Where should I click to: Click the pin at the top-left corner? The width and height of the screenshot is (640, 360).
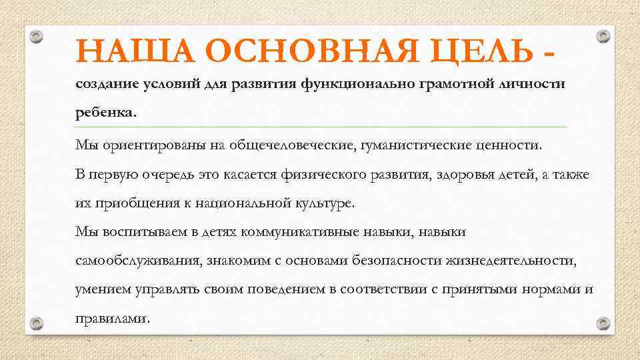tap(39, 38)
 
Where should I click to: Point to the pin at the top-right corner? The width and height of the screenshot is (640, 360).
tap(602, 37)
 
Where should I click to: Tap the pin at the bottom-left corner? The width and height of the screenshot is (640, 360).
tap(38, 323)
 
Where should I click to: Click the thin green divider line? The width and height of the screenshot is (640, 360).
tap(320, 127)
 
